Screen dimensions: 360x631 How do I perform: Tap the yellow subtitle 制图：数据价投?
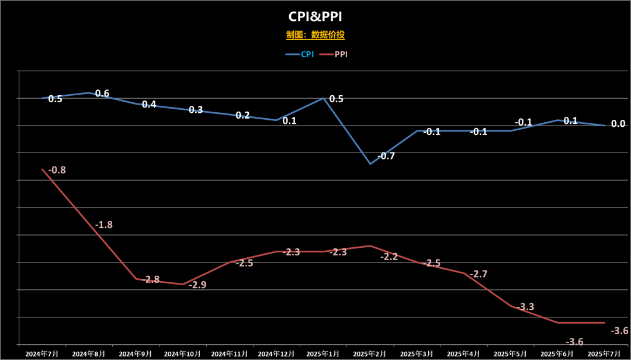(315, 35)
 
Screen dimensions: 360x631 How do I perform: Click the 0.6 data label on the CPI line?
(102, 94)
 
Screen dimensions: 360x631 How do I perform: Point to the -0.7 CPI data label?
(386, 156)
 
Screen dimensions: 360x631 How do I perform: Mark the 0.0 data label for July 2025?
(618, 124)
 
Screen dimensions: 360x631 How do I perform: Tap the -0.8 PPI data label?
(57, 170)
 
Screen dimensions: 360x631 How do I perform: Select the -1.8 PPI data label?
(103, 224)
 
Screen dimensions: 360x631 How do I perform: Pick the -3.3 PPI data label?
(525, 307)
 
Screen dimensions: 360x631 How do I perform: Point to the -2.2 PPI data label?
(389, 257)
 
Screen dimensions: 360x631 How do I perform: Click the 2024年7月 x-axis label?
(42, 354)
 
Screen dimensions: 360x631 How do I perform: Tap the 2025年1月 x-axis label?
(323, 354)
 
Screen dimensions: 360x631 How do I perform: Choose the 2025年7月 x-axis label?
(604, 354)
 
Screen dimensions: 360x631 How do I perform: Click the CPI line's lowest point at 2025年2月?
(370, 164)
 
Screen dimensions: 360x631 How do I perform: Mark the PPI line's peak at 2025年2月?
(370, 245)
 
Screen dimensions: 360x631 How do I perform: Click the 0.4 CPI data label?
(149, 105)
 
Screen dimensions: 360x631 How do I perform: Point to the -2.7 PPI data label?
(479, 274)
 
